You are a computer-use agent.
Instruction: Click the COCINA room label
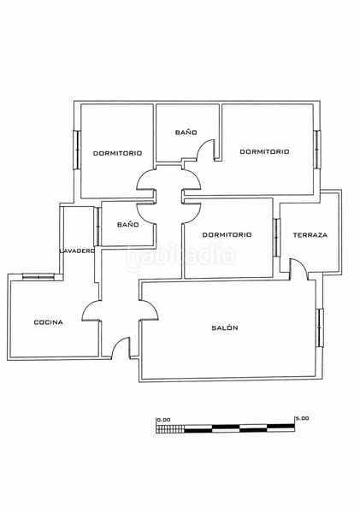coord(49,322)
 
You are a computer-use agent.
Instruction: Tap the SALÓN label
coord(225,327)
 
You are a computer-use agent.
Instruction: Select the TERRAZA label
coord(310,235)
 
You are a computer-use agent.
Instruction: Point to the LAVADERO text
coord(78,251)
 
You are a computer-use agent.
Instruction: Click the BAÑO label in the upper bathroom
coord(186,133)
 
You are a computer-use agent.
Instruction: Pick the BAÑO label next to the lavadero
coord(127,225)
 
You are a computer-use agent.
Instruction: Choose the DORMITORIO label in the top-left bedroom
coord(117,153)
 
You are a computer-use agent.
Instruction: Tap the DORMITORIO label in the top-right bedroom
coord(264,151)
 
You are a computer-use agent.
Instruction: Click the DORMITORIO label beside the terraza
coord(227,234)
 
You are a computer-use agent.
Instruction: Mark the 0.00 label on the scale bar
coord(163,420)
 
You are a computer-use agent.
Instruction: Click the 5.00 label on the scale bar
coord(302,418)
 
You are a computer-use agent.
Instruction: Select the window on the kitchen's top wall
coord(38,277)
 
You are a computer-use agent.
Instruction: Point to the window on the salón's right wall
coord(320,327)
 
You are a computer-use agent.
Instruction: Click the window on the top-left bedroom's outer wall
coord(77,150)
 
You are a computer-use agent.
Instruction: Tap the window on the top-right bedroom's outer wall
coord(317,149)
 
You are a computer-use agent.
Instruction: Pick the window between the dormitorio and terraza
coord(276,237)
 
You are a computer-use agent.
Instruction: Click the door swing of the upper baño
coord(205,149)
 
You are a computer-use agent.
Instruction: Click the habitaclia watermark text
coord(180,256)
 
